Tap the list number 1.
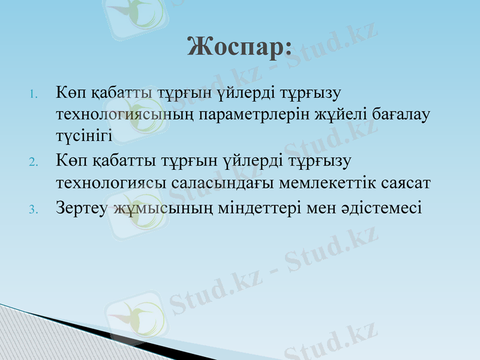tap(34, 94)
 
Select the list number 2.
tap(34, 162)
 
